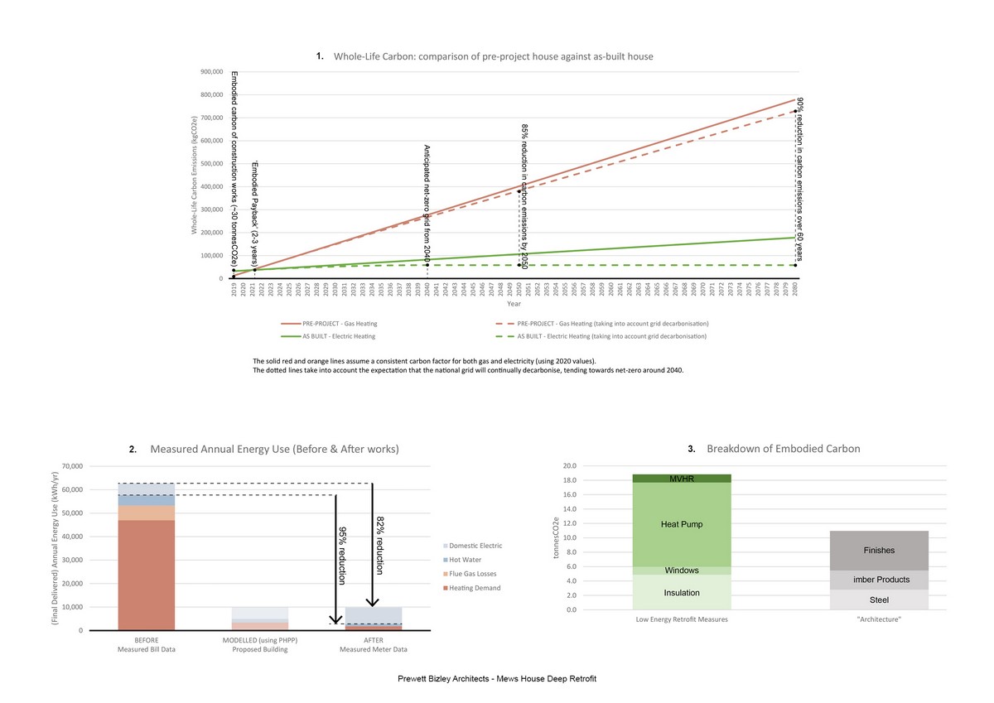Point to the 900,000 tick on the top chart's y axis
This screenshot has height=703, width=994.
212,72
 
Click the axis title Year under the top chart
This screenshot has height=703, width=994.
514,304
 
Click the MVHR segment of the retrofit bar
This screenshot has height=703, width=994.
683,478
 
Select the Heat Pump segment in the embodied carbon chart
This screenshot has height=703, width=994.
683,524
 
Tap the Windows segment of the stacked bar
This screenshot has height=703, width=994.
683,571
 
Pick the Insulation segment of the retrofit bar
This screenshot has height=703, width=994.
683,592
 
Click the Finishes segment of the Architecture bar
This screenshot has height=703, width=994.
879,551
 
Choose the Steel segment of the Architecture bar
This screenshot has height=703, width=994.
879,599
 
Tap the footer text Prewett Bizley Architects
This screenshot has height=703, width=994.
497,679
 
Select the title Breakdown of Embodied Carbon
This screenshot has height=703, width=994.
783,449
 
